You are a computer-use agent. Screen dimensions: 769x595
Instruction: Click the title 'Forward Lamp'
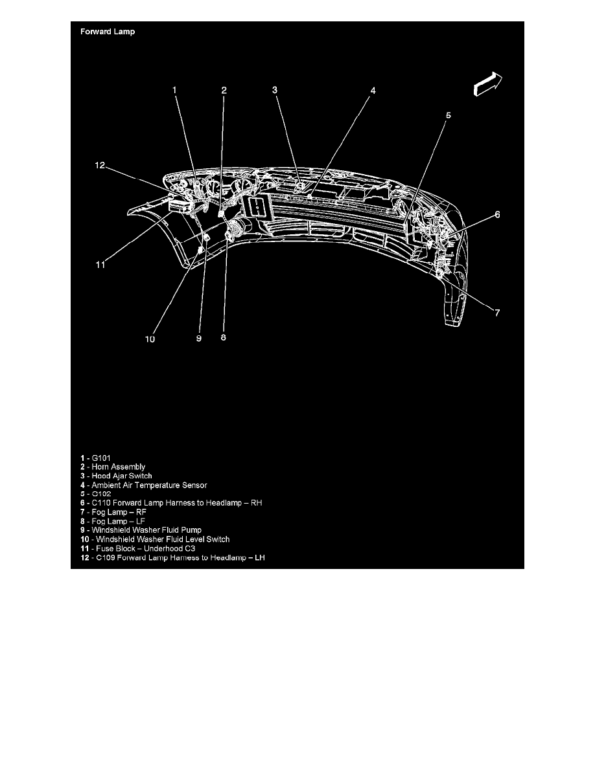pyautogui.click(x=108, y=32)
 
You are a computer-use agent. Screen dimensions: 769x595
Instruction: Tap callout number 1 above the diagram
pyautogui.click(x=174, y=91)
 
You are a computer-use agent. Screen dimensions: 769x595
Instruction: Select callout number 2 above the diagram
pyautogui.click(x=224, y=91)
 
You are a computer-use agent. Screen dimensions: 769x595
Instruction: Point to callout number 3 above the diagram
pyautogui.click(x=275, y=90)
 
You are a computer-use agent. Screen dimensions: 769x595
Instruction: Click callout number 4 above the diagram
pyautogui.click(x=373, y=91)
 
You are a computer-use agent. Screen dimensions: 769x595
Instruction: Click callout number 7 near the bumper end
pyautogui.click(x=497, y=313)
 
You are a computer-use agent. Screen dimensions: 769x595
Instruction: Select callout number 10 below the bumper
pyautogui.click(x=150, y=338)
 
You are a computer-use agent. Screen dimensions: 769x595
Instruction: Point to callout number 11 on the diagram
pyautogui.click(x=100, y=264)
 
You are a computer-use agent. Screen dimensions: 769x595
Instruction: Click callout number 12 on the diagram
pyautogui.click(x=99, y=165)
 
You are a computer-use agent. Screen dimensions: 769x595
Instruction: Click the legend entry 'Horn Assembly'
pyautogui.click(x=113, y=467)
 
